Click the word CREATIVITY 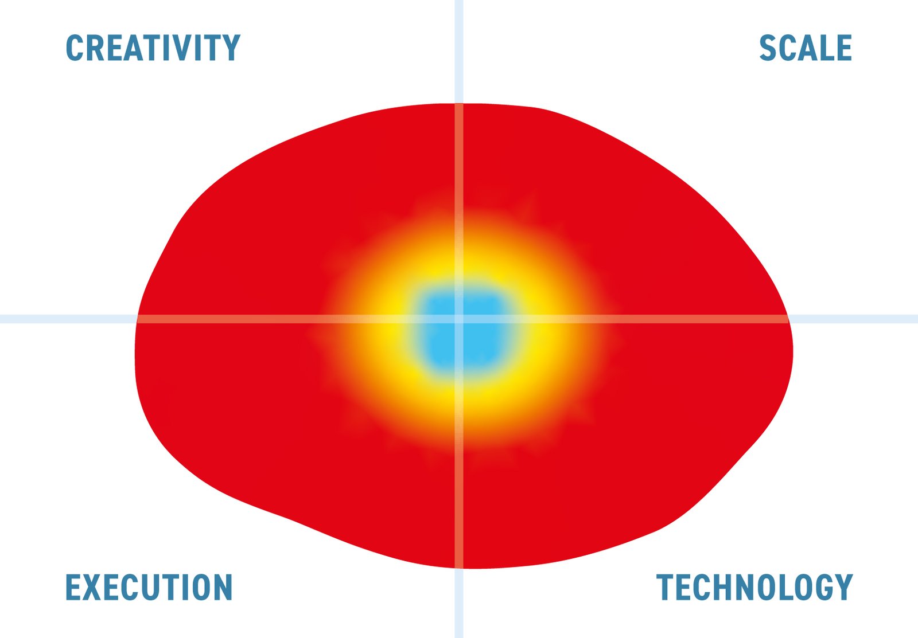click(x=153, y=48)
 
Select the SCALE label click(x=806, y=48)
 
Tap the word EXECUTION click(x=149, y=587)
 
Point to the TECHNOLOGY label click(x=754, y=587)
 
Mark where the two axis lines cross click(x=459, y=319)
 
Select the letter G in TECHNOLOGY click(x=824, y=587)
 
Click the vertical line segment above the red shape click(x=459, y=52)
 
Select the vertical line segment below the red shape click(x=459, y=603)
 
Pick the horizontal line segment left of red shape click(x=68, y=319)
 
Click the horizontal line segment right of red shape click(x=853, y=319)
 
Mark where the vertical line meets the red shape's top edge click(x=459, y=104)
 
